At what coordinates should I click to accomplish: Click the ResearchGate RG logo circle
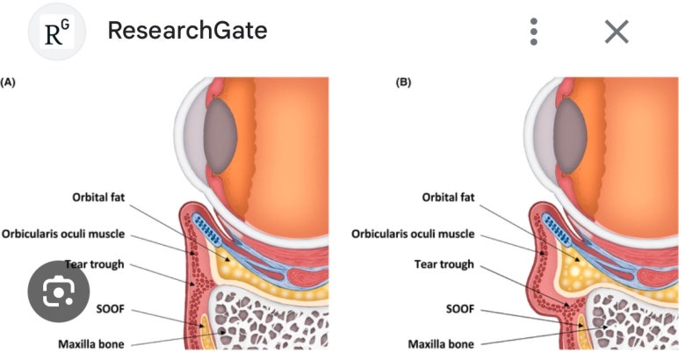pyautogui.click(x=57, y=32)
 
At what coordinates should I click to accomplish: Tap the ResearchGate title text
pyautogui.click(x=187, y=31)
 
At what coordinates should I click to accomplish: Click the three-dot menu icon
pyautogui.click(x=533, y=32)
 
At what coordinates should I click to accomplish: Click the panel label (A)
pyautogui.click(x=8, y=82)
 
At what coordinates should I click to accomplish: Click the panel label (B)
pyautogui.click(x=404, y=82)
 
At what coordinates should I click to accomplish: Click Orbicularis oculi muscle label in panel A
pyautogui.click(x=76, y=234)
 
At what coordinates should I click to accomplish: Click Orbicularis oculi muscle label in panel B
pyautogui.click(x=413, y=234)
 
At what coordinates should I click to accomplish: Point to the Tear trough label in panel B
pyautogui.click(x=444, y=263)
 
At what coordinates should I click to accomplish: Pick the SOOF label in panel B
pyautogui.click(x=459, y=309)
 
